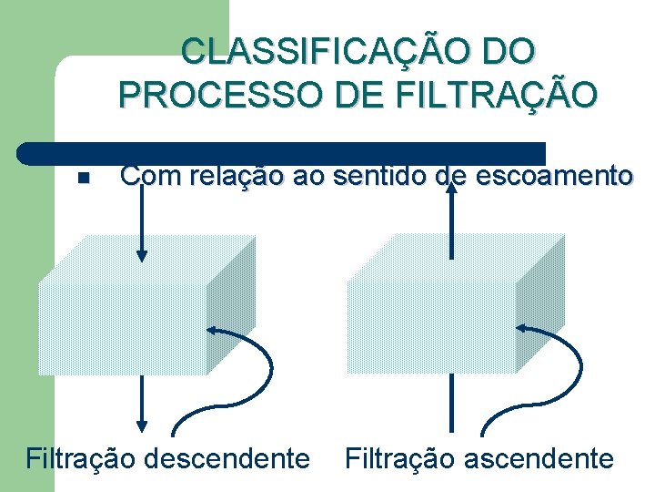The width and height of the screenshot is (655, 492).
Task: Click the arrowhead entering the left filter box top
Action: pyautogui.click(x=141, y=254)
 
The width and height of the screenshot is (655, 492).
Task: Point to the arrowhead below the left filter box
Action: pyautogui.click(x=141, y=424)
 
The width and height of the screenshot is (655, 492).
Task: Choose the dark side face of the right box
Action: pyautogui.click(x=540, y=301)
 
